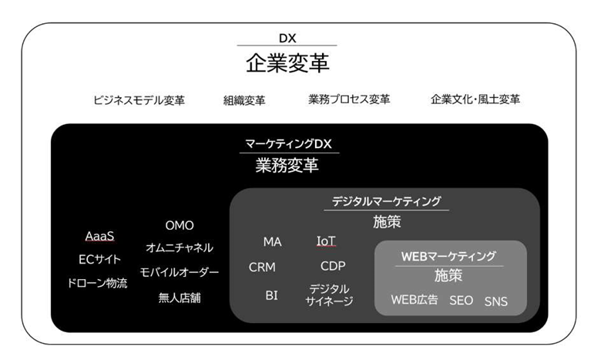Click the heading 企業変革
[x=287, y=62]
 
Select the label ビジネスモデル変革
[x=139, y=99]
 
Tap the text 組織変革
[x=244, y=99]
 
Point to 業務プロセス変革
[x=349, y=99]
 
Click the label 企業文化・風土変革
[x=475, y=99]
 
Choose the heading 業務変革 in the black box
[x=287, y=165]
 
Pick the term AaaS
[x=100, y=236]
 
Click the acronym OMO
[x=180, y=225]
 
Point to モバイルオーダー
[x=180, y=272]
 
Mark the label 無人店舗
[x=180, y=297]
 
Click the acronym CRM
[x=262, y=267]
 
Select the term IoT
[x=327, y=241]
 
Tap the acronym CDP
[x=333, y=266]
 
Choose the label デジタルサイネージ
[x=330, y=294]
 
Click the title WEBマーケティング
[x=448, y=255]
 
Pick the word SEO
[x=462, y=300]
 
